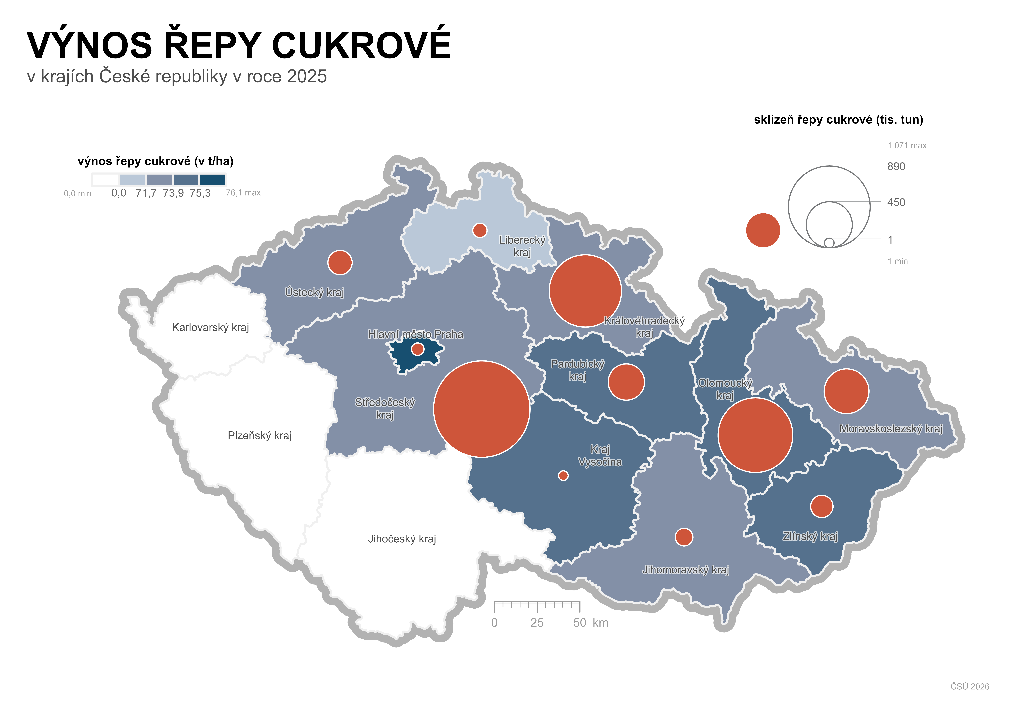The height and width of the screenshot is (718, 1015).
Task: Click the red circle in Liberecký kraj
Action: pyautogui.click(x=480, y=230)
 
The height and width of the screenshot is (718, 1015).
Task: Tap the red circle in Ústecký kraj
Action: pyautogui.click(x=340, y=262)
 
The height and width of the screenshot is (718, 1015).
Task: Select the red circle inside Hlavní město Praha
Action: pyautogui.click(x=417, y=349)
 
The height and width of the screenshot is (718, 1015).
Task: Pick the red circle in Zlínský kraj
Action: pyautogui.click(x=821, y=506)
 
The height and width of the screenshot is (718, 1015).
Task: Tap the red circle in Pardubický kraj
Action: pyautogui.click(x=626, y=382)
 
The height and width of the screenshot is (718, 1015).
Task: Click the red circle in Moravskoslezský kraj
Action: pyautogui.click(x=846, y=391)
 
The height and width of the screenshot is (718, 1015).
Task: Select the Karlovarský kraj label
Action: pyautogui.click(x=210, y=327)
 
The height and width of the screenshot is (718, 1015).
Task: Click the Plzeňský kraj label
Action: pyautogui.click(x=260, y=436)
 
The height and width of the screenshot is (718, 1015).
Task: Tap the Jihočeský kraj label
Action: pyautogui.click(x=402, y=539)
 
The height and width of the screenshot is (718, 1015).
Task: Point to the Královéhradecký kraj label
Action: pyautogui.click(x=644, y=326)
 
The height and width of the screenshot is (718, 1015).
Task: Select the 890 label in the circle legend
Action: pyautogui.click(x=896, y=166)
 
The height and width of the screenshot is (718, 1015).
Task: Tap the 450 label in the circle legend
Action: pyautogui.click(x=896, y=202)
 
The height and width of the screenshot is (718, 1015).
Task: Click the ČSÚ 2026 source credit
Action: pyautogui.click(x=969, y=686)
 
